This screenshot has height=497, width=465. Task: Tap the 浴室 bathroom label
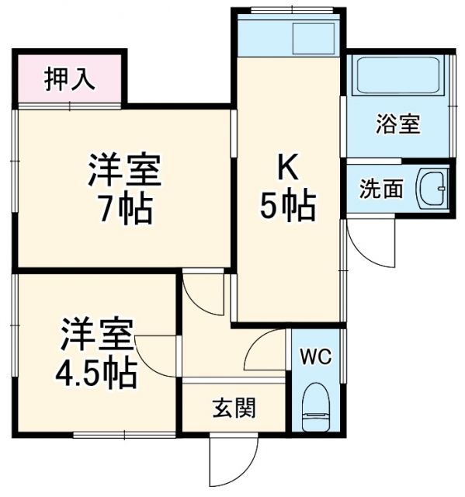[398, 123]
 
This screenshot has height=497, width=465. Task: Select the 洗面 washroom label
[381, 189]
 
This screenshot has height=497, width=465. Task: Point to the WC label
[317, 357]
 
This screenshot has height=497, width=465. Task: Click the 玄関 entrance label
[234, 408]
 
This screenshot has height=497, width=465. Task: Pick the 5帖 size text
[287, 207]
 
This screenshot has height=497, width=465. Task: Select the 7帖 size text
[124, 209]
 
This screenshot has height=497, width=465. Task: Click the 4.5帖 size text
[96, 374]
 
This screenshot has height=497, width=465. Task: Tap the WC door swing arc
[264, 349]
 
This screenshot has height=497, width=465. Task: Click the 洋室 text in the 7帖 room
[124, 171]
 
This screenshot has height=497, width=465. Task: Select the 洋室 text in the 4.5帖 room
[97, 335]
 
